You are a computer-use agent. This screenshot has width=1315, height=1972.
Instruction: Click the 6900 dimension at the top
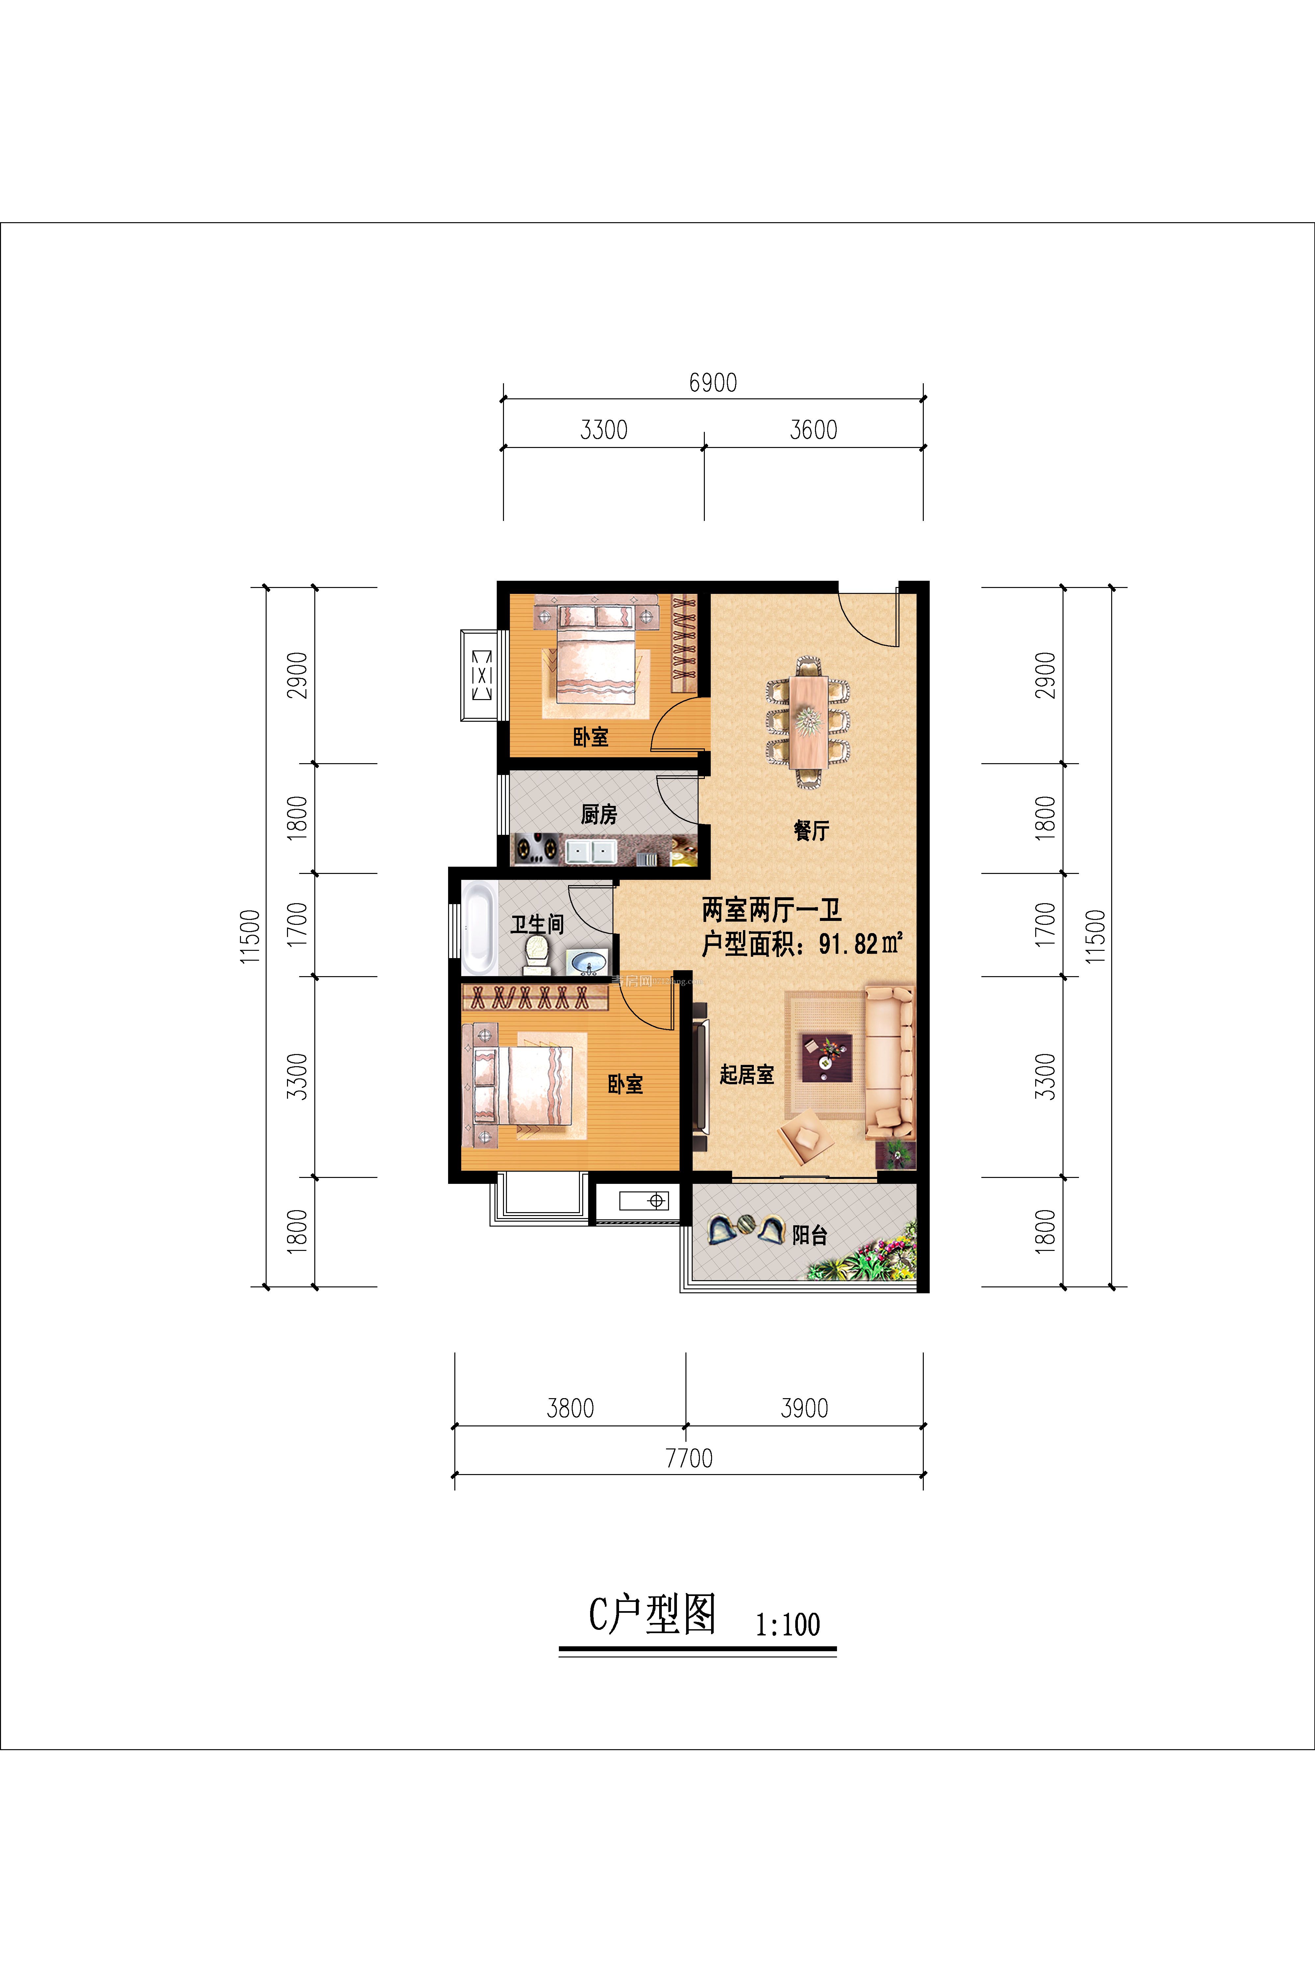(x=713, y=383)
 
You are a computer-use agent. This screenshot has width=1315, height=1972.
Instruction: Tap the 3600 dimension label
(x=813, y=430)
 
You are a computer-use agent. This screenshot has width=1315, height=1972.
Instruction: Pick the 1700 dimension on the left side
(x=297, y=925)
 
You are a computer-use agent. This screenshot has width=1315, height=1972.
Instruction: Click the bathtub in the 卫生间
(x=479, y=927)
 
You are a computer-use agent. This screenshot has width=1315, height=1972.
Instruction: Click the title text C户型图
(x=652, y=1614)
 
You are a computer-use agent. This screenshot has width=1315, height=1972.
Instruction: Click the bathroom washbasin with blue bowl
(x=589, y=962)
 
